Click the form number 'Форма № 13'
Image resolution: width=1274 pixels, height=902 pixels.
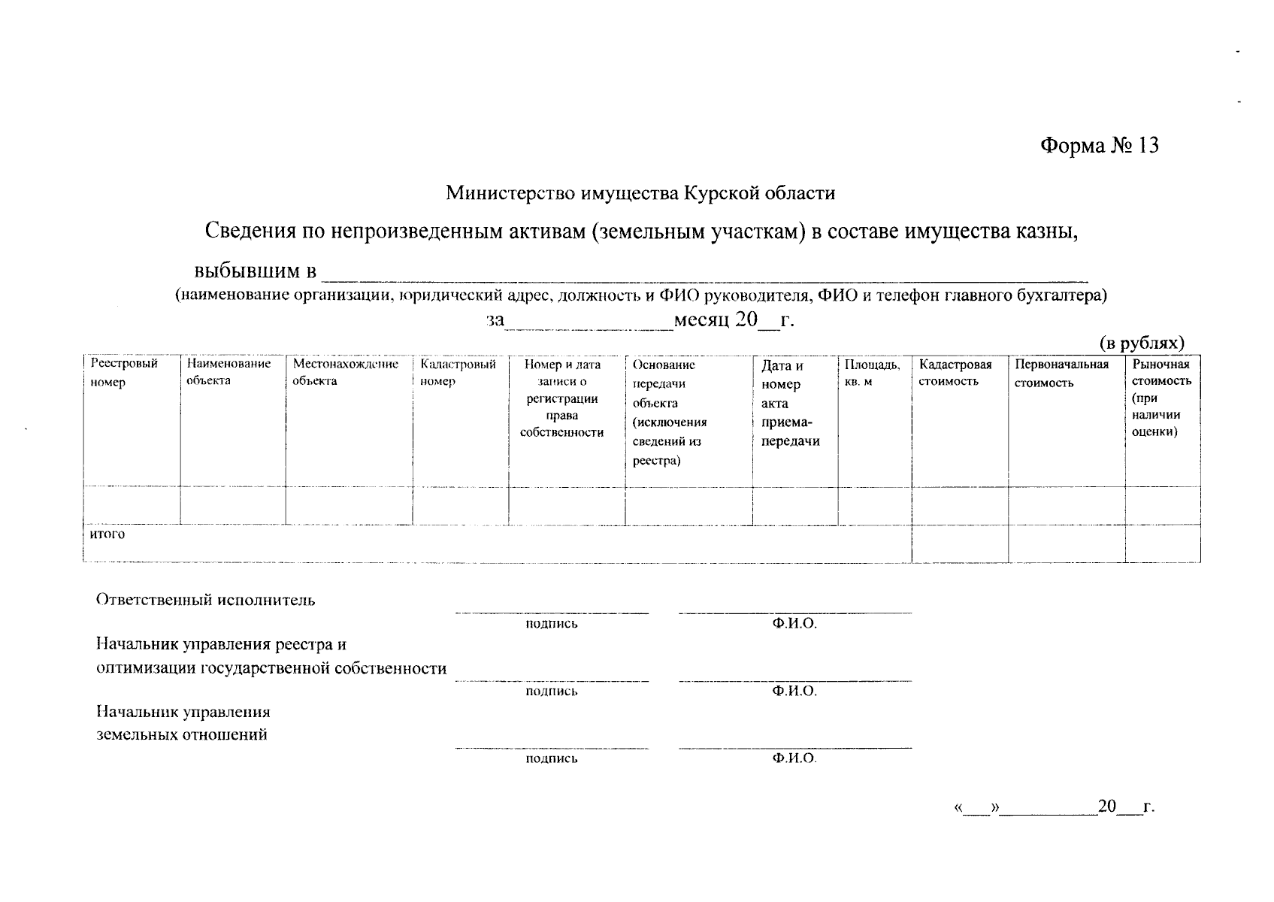[1099, 145]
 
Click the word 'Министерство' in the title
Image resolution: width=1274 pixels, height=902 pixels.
[512, 193]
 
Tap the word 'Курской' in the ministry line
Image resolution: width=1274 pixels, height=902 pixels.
[714, 193]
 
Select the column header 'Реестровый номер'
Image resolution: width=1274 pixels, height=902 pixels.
[124, 373]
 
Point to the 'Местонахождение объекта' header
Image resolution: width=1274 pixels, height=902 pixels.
[345, 372]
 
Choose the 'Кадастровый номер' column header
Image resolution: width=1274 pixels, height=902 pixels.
[458, 372]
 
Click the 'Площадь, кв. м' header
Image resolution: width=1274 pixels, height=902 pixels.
[872, 373]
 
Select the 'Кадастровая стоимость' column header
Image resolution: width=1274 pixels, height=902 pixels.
[955, 373]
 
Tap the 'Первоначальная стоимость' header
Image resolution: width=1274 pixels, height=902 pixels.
[1061, 373]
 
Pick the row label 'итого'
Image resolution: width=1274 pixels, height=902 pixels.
[107, 534]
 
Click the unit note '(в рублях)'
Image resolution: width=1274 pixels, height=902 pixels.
[1142, 343]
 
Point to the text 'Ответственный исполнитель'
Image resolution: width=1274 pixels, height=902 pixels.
[205, 600]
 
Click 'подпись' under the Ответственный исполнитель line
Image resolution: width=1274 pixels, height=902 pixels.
[552, 623]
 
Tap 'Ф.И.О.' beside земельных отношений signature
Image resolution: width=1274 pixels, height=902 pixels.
[794, 758]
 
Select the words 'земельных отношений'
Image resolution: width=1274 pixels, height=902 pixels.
[182, 734]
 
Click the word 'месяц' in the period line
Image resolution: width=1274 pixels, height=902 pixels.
[702, 321]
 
